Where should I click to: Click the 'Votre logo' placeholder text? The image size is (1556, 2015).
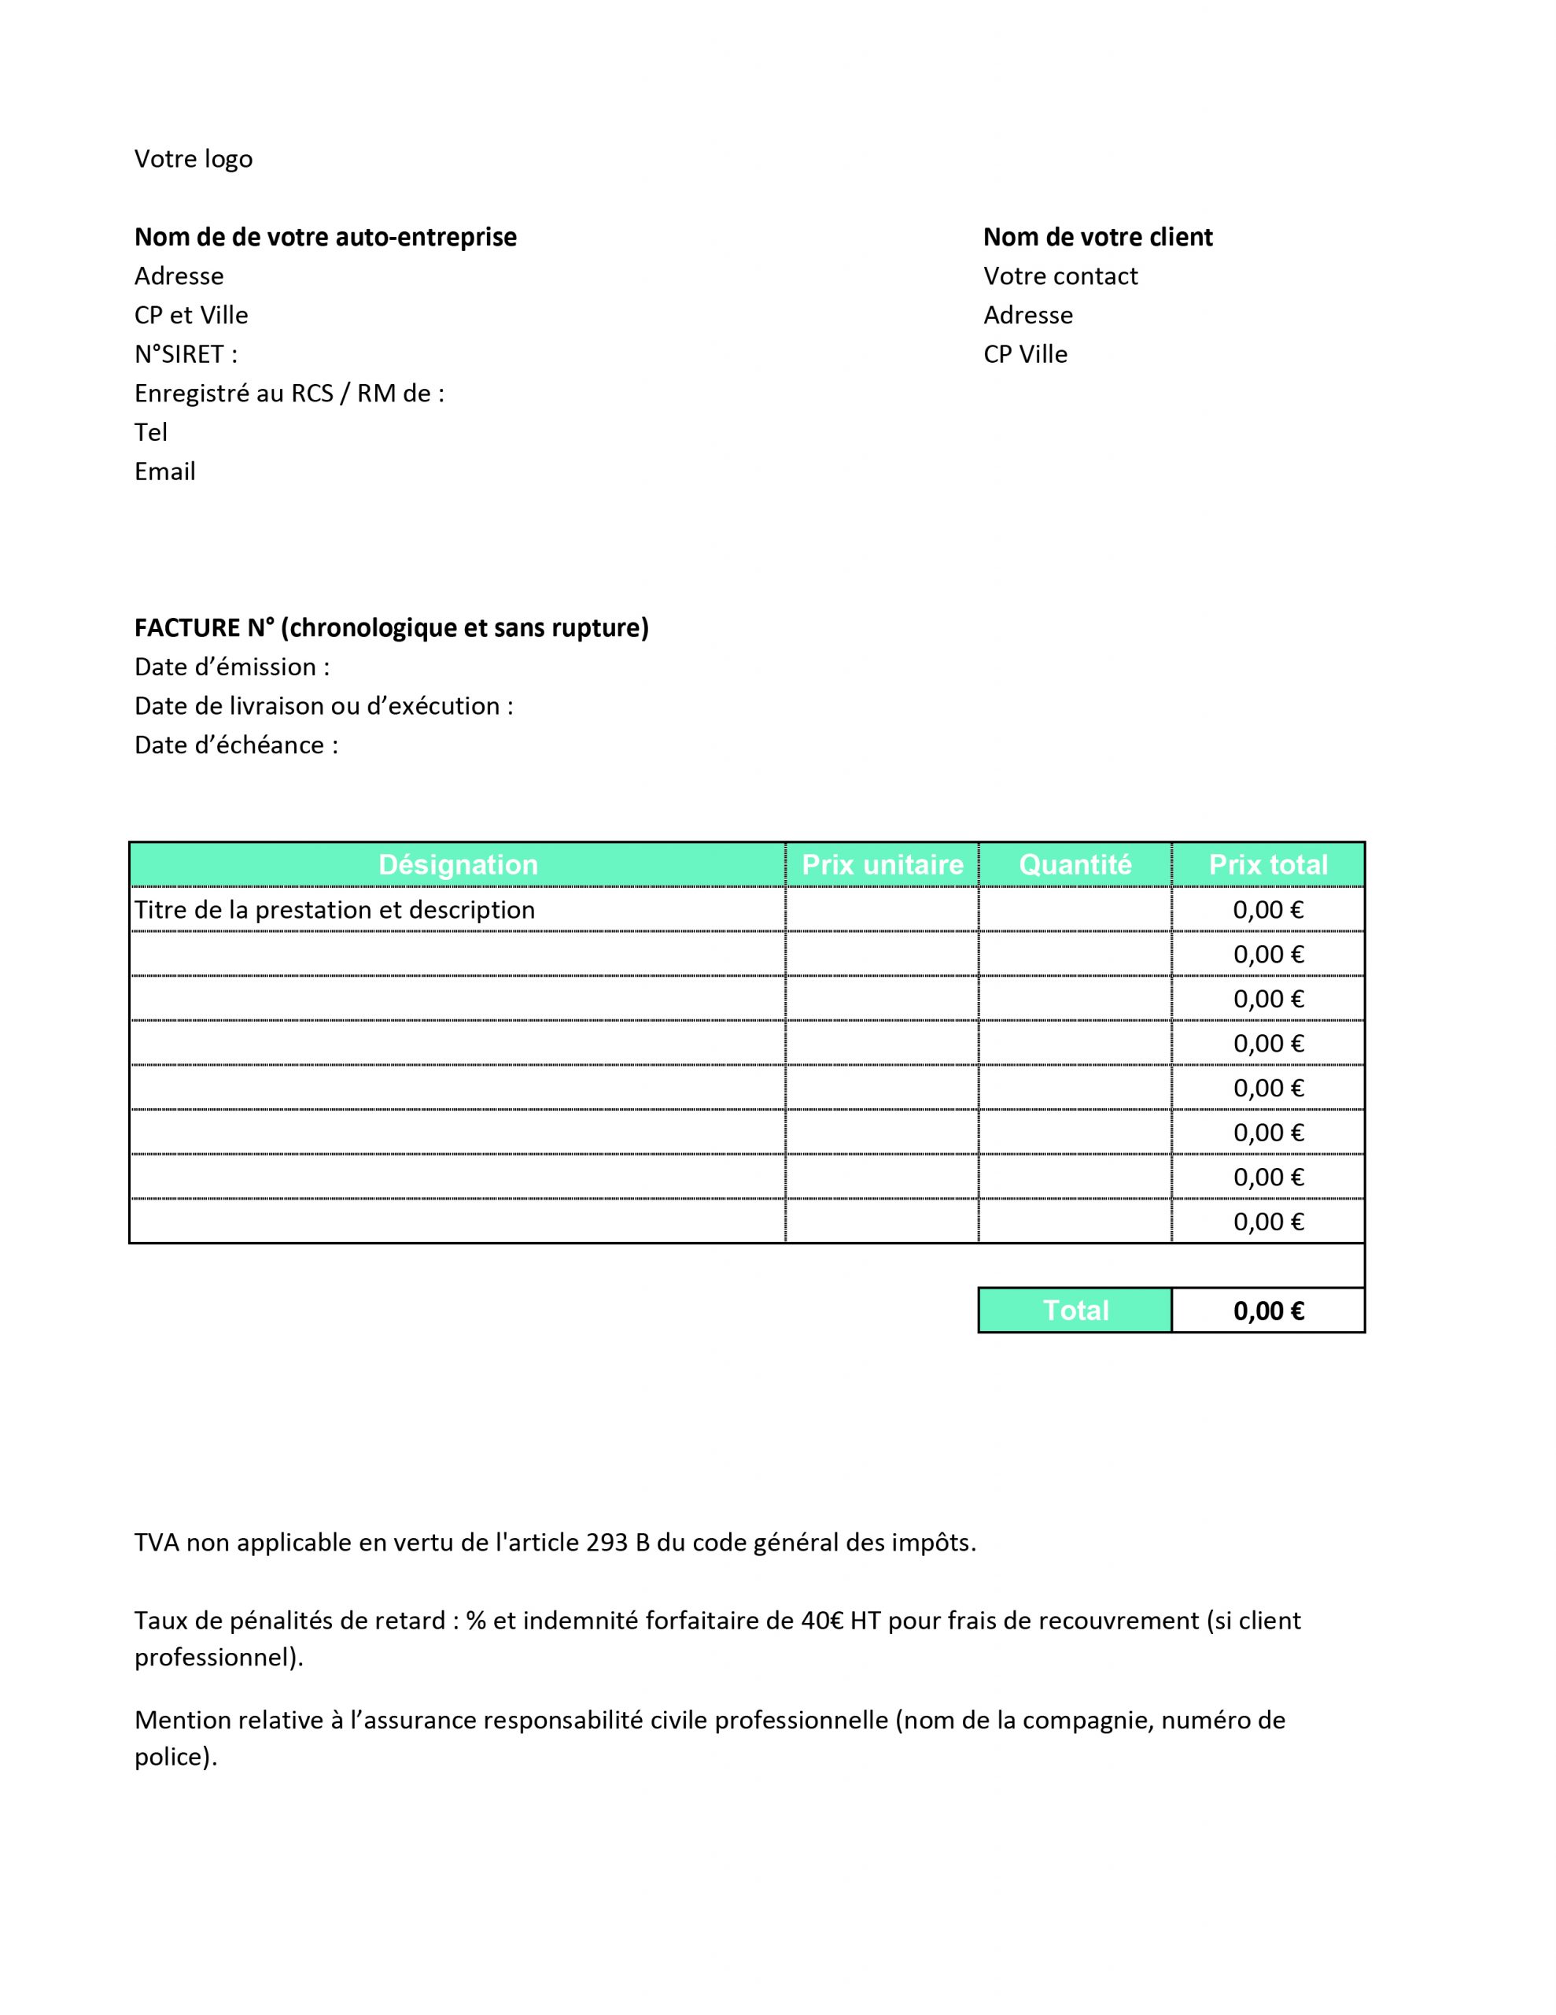click(193, 159)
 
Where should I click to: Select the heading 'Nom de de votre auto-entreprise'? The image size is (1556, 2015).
click(325, 237)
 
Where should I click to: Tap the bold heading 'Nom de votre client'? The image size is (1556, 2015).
click(1097, 237)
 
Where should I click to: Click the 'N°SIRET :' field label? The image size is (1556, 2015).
click(186, 354)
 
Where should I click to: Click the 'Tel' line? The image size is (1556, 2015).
click(151, 433)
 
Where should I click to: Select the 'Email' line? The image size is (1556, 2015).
click(165, 471)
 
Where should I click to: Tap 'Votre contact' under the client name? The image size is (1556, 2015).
click(1060, 275)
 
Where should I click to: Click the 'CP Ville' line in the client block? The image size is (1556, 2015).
click(1025, 354)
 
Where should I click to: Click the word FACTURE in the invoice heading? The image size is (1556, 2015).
click(187, 628)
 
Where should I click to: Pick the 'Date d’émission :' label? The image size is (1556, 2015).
click(231, 667)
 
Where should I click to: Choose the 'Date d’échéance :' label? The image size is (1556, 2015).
click(236, 745)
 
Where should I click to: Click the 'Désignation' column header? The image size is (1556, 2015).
click(458, 864)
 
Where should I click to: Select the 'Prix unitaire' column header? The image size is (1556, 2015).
click(882, 864)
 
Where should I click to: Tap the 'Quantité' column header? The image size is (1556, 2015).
click(1075, 864)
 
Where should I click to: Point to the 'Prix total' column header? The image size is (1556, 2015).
click(1267, 864)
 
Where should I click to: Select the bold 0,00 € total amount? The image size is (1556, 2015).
click(1268, 1311)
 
